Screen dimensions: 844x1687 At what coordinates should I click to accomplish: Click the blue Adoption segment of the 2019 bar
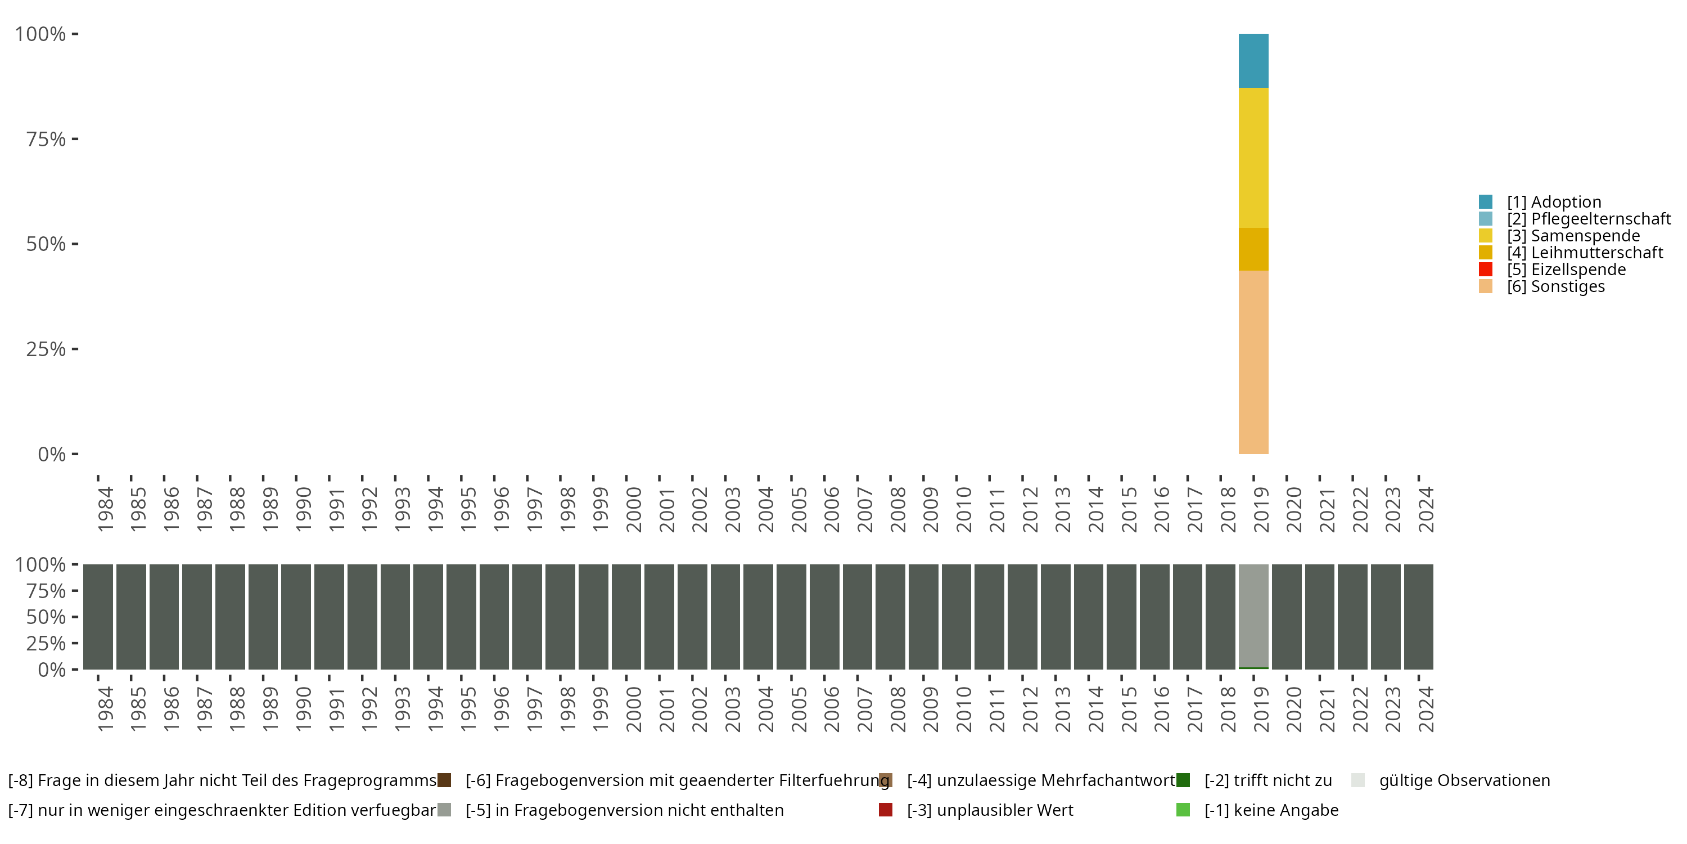point(1253,60)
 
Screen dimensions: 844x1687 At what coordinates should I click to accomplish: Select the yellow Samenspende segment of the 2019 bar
point(1253,158)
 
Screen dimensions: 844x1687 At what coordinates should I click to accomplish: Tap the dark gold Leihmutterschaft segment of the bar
point(1253,249)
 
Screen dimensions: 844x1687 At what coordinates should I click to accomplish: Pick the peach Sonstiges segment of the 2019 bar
point(1253,362)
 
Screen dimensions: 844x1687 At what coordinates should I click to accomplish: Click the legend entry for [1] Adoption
point(1553,202)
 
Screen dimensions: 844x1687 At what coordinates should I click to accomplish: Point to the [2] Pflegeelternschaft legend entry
point(1588,219)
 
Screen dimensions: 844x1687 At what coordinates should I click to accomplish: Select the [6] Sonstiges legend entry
point(1555,286)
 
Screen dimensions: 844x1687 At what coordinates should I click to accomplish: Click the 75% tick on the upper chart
point(46,139)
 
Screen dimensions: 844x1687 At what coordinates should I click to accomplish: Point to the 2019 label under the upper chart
point(1261,510)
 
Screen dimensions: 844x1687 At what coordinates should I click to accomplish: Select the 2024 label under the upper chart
point(1426,510)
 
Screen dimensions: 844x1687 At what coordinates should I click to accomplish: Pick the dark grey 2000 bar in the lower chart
point(626,617)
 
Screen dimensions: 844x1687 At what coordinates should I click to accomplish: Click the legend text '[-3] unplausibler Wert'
point(990,810)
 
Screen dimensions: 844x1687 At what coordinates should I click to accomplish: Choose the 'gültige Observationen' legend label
point(1464,780)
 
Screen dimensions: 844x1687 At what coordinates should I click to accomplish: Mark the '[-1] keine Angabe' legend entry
point(1271,810)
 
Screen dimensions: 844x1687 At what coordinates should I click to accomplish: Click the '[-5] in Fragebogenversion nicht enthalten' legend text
point(624,810)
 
